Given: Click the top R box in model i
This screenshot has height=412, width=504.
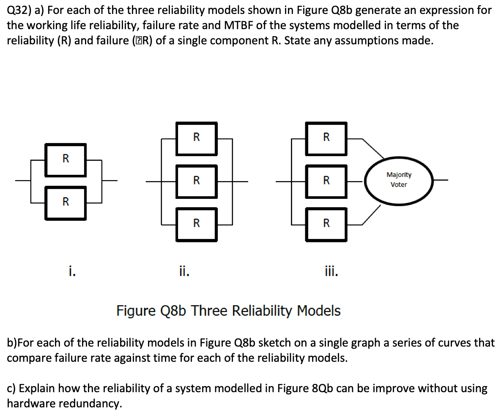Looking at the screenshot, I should pyautogui.click(x=66, y=160).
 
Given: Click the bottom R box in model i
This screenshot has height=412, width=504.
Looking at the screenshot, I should pyautogui.click(x=66, y=202).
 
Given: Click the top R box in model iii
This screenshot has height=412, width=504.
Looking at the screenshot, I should pyautogui.click(x=326, y=138).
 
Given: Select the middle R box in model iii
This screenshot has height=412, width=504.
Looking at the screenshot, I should pyautogui.click(x=326, y=181).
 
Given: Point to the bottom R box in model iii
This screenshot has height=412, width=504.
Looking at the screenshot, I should pyautogui.click(x=326, y=224).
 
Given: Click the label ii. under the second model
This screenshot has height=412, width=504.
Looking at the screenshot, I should pyautogui.click(x=184, y=269).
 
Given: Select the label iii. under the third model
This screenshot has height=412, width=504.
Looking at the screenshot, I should pyautogui.click(x=331, y=269).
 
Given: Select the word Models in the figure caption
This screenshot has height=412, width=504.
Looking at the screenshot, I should pyautogui.click(x=319, y=311).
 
